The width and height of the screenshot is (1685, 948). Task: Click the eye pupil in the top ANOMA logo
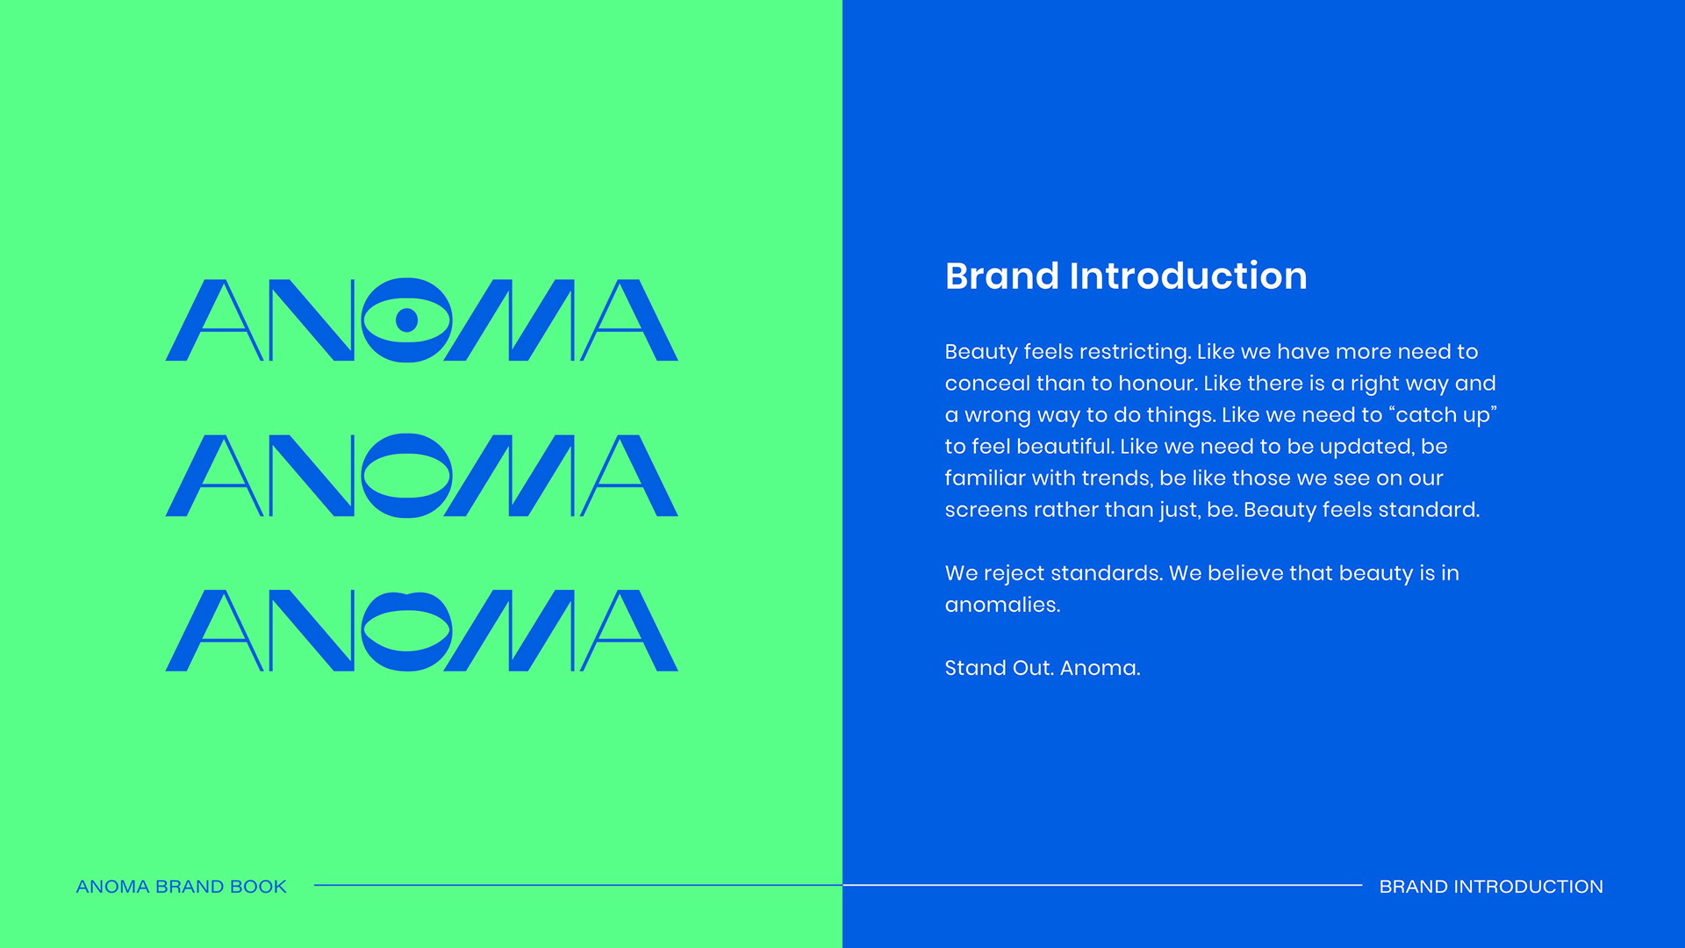tap(406, 320)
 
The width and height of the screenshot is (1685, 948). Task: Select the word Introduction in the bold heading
tap(1188, 276)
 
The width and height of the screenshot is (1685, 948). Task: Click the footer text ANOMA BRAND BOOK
tap(182, 887)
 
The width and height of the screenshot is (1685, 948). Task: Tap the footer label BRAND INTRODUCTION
tap(1491, 887)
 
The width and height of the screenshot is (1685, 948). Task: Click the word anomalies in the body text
tap(1002, 605)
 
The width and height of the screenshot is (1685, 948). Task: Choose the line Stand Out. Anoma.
tap(1043, 668)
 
